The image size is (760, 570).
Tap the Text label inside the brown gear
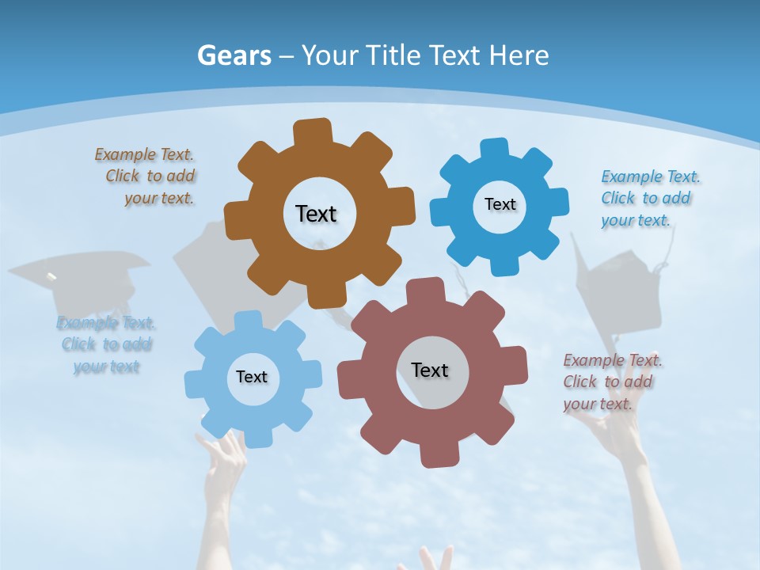tap(316, 214)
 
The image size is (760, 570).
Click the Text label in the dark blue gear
tap(500, 204)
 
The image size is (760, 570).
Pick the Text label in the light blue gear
tap(252, 377)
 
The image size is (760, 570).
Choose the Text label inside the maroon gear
tap(430, 370)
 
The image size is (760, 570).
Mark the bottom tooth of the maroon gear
tap(438, 454)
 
